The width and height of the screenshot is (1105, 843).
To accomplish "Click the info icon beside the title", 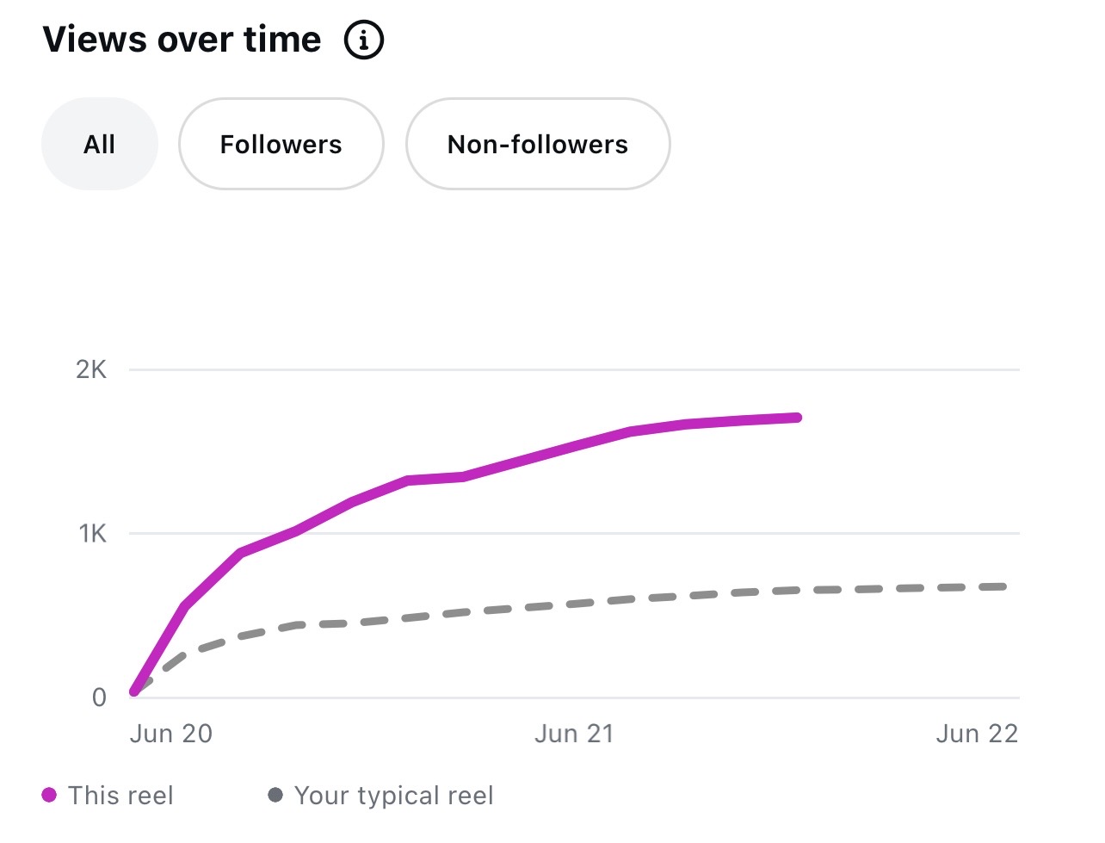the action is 363,40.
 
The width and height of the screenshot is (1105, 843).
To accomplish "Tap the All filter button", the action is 100,144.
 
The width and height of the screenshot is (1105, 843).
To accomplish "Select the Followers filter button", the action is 281,144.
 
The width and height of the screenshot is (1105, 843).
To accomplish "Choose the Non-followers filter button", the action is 538,144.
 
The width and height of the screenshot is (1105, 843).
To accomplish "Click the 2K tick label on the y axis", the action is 91,370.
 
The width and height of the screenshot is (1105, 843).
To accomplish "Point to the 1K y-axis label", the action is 93,533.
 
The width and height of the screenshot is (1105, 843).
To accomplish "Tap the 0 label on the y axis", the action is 99,698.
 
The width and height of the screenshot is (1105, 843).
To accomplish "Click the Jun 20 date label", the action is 171,734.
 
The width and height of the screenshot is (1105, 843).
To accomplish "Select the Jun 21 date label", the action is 574,734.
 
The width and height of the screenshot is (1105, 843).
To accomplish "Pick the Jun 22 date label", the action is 977,734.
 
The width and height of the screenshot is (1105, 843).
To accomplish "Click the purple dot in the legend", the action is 49,795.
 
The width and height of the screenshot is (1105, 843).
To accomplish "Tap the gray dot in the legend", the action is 275,795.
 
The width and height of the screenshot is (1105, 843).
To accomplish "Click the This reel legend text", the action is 120,796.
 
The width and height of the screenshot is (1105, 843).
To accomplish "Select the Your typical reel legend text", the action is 394,797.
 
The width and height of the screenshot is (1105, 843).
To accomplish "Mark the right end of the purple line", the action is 798,418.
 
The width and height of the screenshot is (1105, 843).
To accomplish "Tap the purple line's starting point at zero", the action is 134,692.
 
